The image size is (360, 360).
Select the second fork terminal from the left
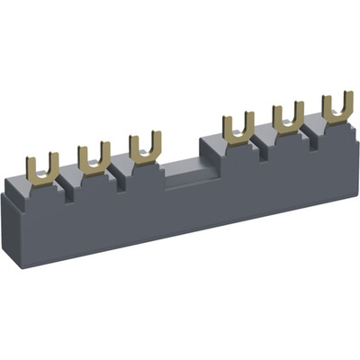click(94, 157)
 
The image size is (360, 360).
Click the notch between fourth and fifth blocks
click(261, 144)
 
